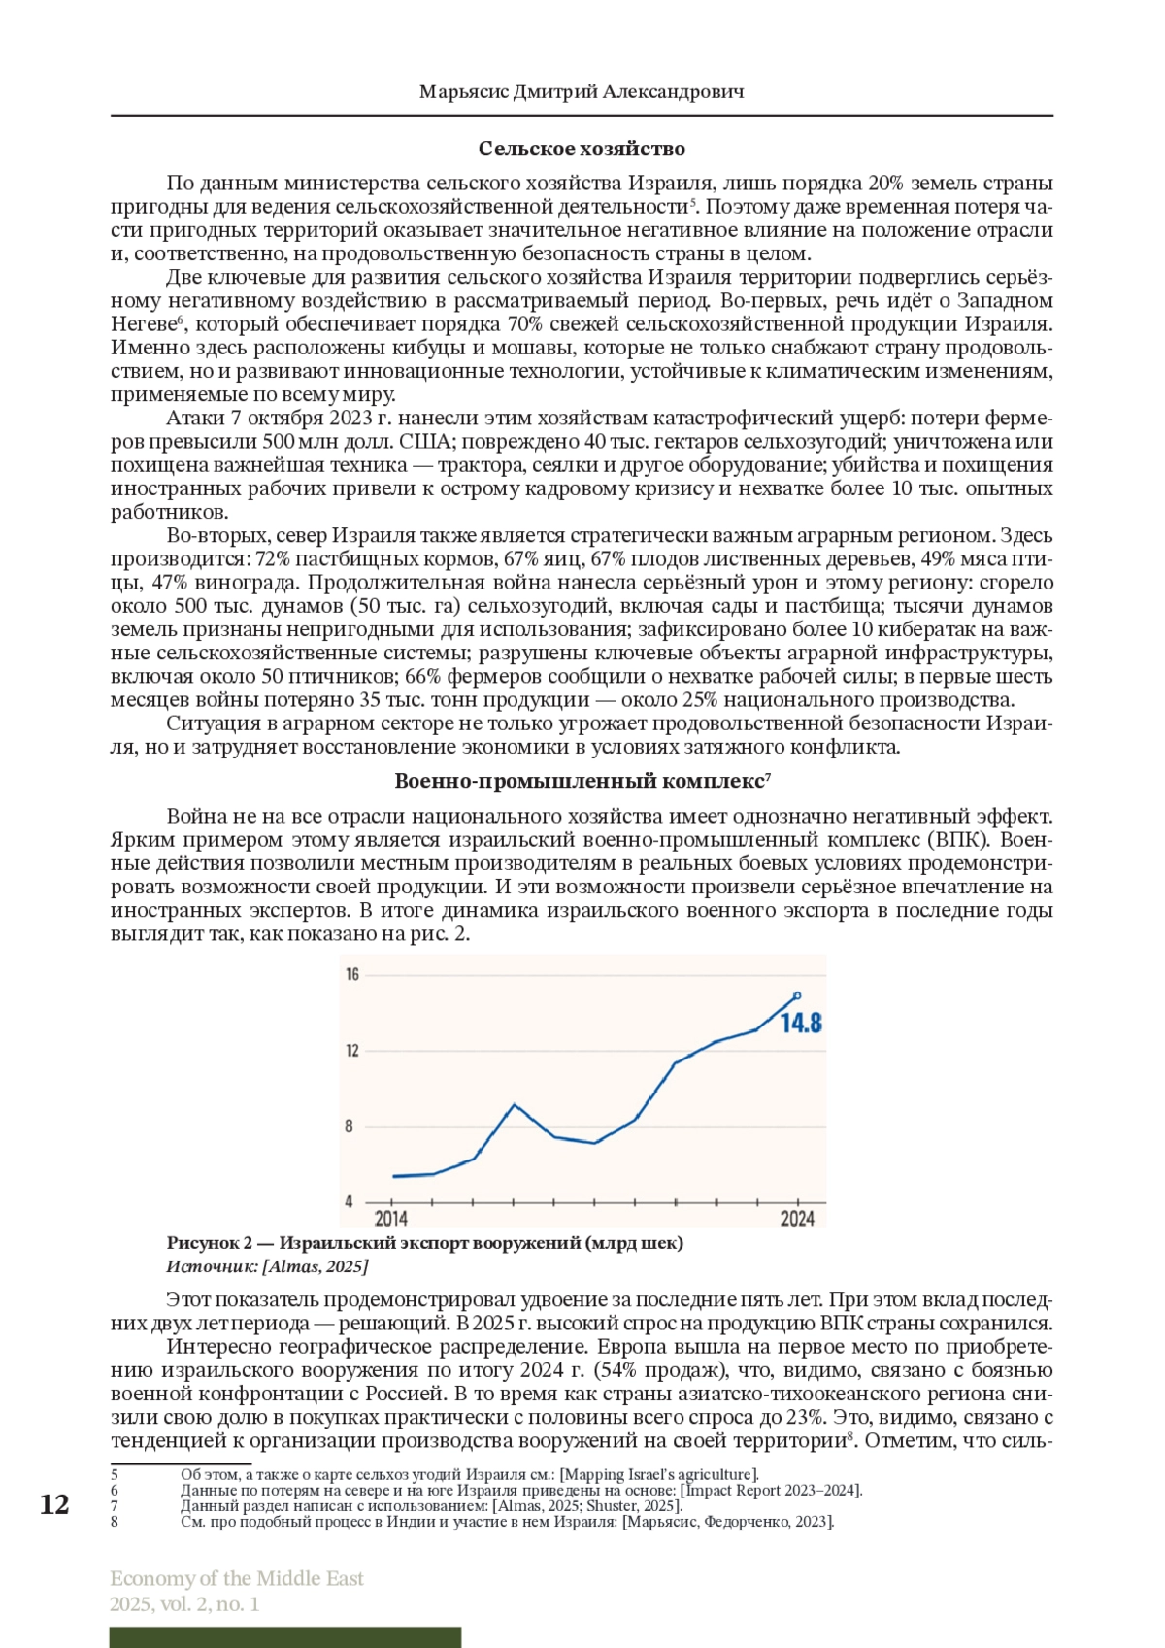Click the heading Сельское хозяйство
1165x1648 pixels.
point(582,149)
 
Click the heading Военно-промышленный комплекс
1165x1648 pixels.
point(580,781)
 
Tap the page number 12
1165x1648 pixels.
point(54,1504)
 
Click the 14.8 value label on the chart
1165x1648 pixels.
point(801,1023)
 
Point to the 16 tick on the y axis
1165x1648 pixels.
point(352,974)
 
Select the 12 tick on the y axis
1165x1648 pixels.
point(352,1050)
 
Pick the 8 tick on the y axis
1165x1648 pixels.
point(349,1127)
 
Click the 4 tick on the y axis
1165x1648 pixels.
point(349,1201)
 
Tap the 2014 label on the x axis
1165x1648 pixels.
point(391,1218)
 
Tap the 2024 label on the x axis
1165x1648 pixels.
point(797,1218)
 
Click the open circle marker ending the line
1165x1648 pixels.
point(797,995)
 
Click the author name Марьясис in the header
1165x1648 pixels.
point(463,92)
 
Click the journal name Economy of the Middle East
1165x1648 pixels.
point(237,1578)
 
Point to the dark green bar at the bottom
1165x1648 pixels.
point(285,1637)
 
